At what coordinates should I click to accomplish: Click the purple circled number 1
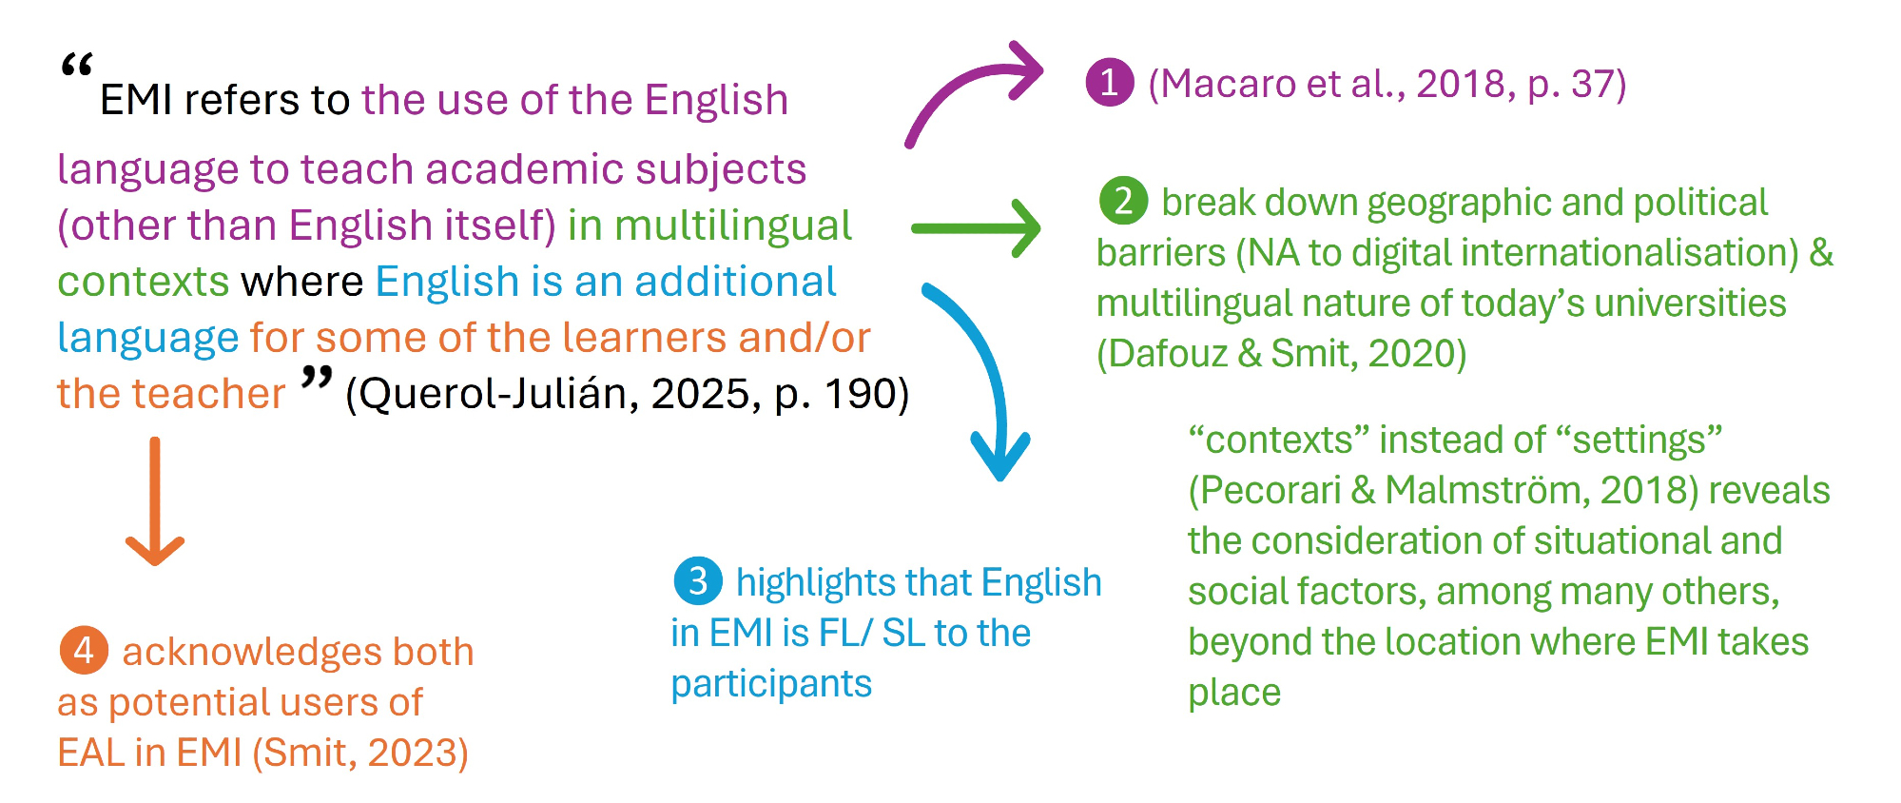pos(1110,83)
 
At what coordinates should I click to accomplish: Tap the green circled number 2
pos(1123,201)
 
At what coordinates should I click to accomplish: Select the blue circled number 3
pos(698,580)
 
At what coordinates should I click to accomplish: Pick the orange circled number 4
pos(84,650)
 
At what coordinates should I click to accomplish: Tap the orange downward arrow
pos(155,501)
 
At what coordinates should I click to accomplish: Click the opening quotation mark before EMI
pos(76,67)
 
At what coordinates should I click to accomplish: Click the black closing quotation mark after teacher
pos(317,378)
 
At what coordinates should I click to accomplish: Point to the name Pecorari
pos(1270,490)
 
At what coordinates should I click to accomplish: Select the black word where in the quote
pos(302,282)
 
